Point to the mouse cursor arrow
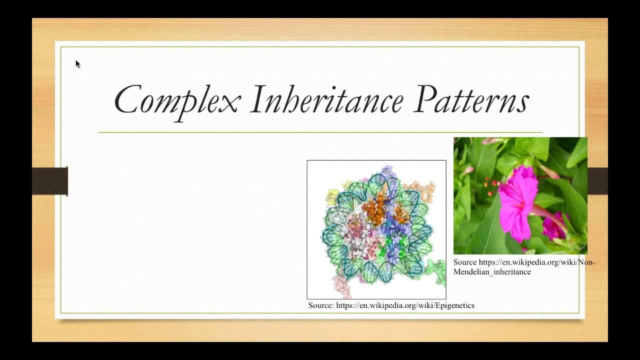click(77, 63)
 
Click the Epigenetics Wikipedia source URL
click(405, 305)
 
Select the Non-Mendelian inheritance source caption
click(523, 267)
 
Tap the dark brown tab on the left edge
click(50, 181)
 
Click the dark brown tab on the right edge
click(597, 181)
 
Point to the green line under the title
click(320, 132)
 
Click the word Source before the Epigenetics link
click(320, 305)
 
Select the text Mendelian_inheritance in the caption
click(492, 272)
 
